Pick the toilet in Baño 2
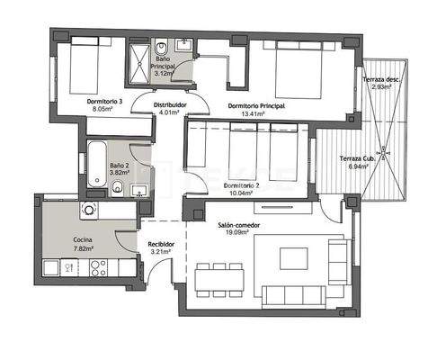coord(117,186)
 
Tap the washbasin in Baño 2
coord(140,189)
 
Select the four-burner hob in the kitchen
coord(96,267)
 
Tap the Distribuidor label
coord(172,104)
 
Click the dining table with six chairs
coord(218,279)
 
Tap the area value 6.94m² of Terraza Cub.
coord(357,167)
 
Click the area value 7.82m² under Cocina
coord(86,249)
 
